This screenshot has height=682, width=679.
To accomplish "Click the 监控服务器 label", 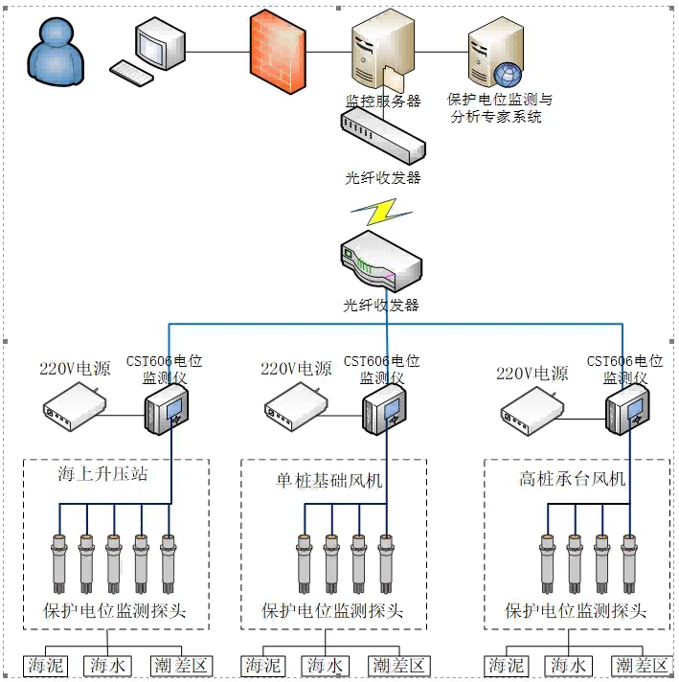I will tap(382, 101).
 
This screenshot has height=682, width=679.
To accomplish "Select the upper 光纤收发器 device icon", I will tap(382, 135).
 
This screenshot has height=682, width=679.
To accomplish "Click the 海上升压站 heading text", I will tap(102, 474).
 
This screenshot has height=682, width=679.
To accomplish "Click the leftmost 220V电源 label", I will tap(75, 369).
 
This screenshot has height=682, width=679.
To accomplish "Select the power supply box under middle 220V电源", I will tap(296, 407).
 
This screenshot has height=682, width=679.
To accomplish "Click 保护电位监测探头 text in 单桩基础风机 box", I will tap(332, 610).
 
